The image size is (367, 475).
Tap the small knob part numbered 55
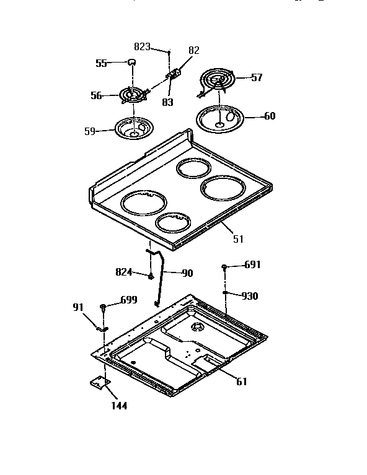click(x=131, y=61)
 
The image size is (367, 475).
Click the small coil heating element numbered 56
click(x=130, y=95)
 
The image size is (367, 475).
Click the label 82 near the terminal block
click(x=194, y=51)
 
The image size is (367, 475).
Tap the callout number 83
click(x=168, y=103)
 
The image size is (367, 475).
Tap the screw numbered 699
click(x=103, y=307)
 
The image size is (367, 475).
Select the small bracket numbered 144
click(x=98, y=384)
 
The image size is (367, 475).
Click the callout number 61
click(x=241, y=381)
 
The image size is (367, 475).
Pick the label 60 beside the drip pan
click(x=270, y=116)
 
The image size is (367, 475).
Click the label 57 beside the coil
click(x=257, y=78)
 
